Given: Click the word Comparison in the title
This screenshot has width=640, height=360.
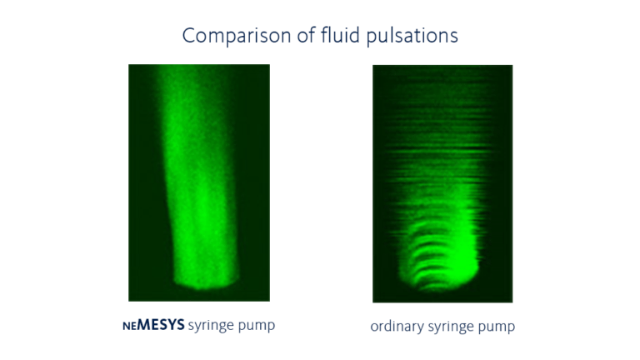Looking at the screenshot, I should [227, 36].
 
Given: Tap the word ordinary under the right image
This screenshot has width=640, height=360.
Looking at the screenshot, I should [395, 327].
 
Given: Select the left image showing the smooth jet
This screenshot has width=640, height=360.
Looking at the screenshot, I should [198, 182].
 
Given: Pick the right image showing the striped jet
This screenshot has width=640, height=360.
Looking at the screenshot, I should [442, 182].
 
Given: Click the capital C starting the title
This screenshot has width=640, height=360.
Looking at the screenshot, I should [188, 36].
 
